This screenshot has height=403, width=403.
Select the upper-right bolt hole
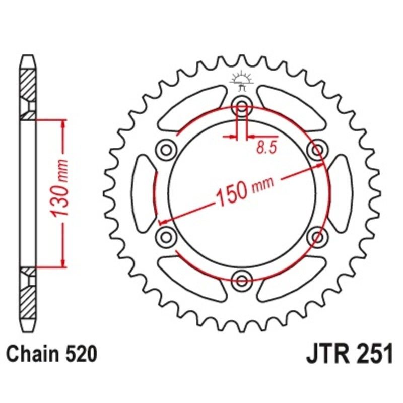pos(317,149)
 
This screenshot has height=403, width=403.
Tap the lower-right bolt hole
pos(317,236)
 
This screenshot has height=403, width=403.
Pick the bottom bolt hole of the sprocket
pos(242,279)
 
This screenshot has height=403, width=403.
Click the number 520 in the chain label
pos(80,355)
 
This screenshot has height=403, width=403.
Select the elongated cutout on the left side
pos(144,192)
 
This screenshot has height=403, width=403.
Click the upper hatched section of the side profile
pos(28,83)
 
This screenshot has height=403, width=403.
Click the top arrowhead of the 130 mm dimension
pos(63,124)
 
